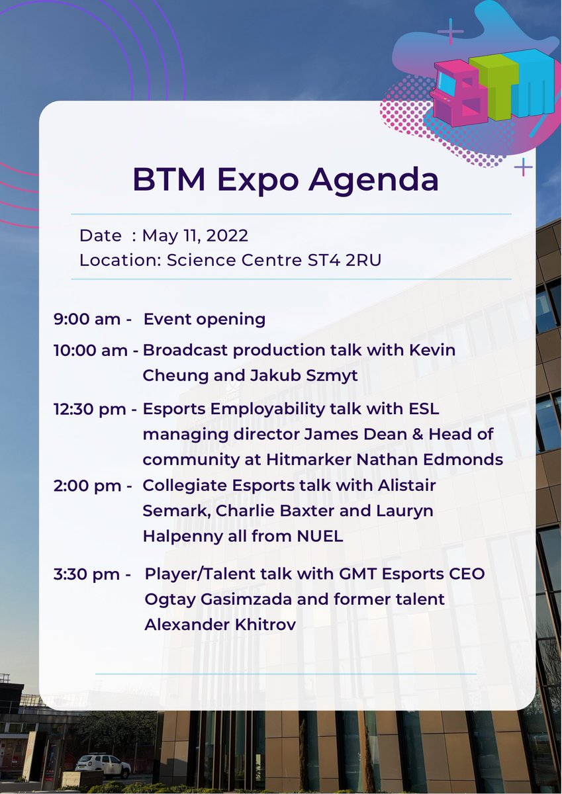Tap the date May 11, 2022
click(195, 236)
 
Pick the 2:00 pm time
click(90, 485)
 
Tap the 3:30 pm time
click(91, 574)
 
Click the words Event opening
click(205, 320)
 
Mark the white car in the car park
click(103, 765)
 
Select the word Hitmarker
click(334, 460)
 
